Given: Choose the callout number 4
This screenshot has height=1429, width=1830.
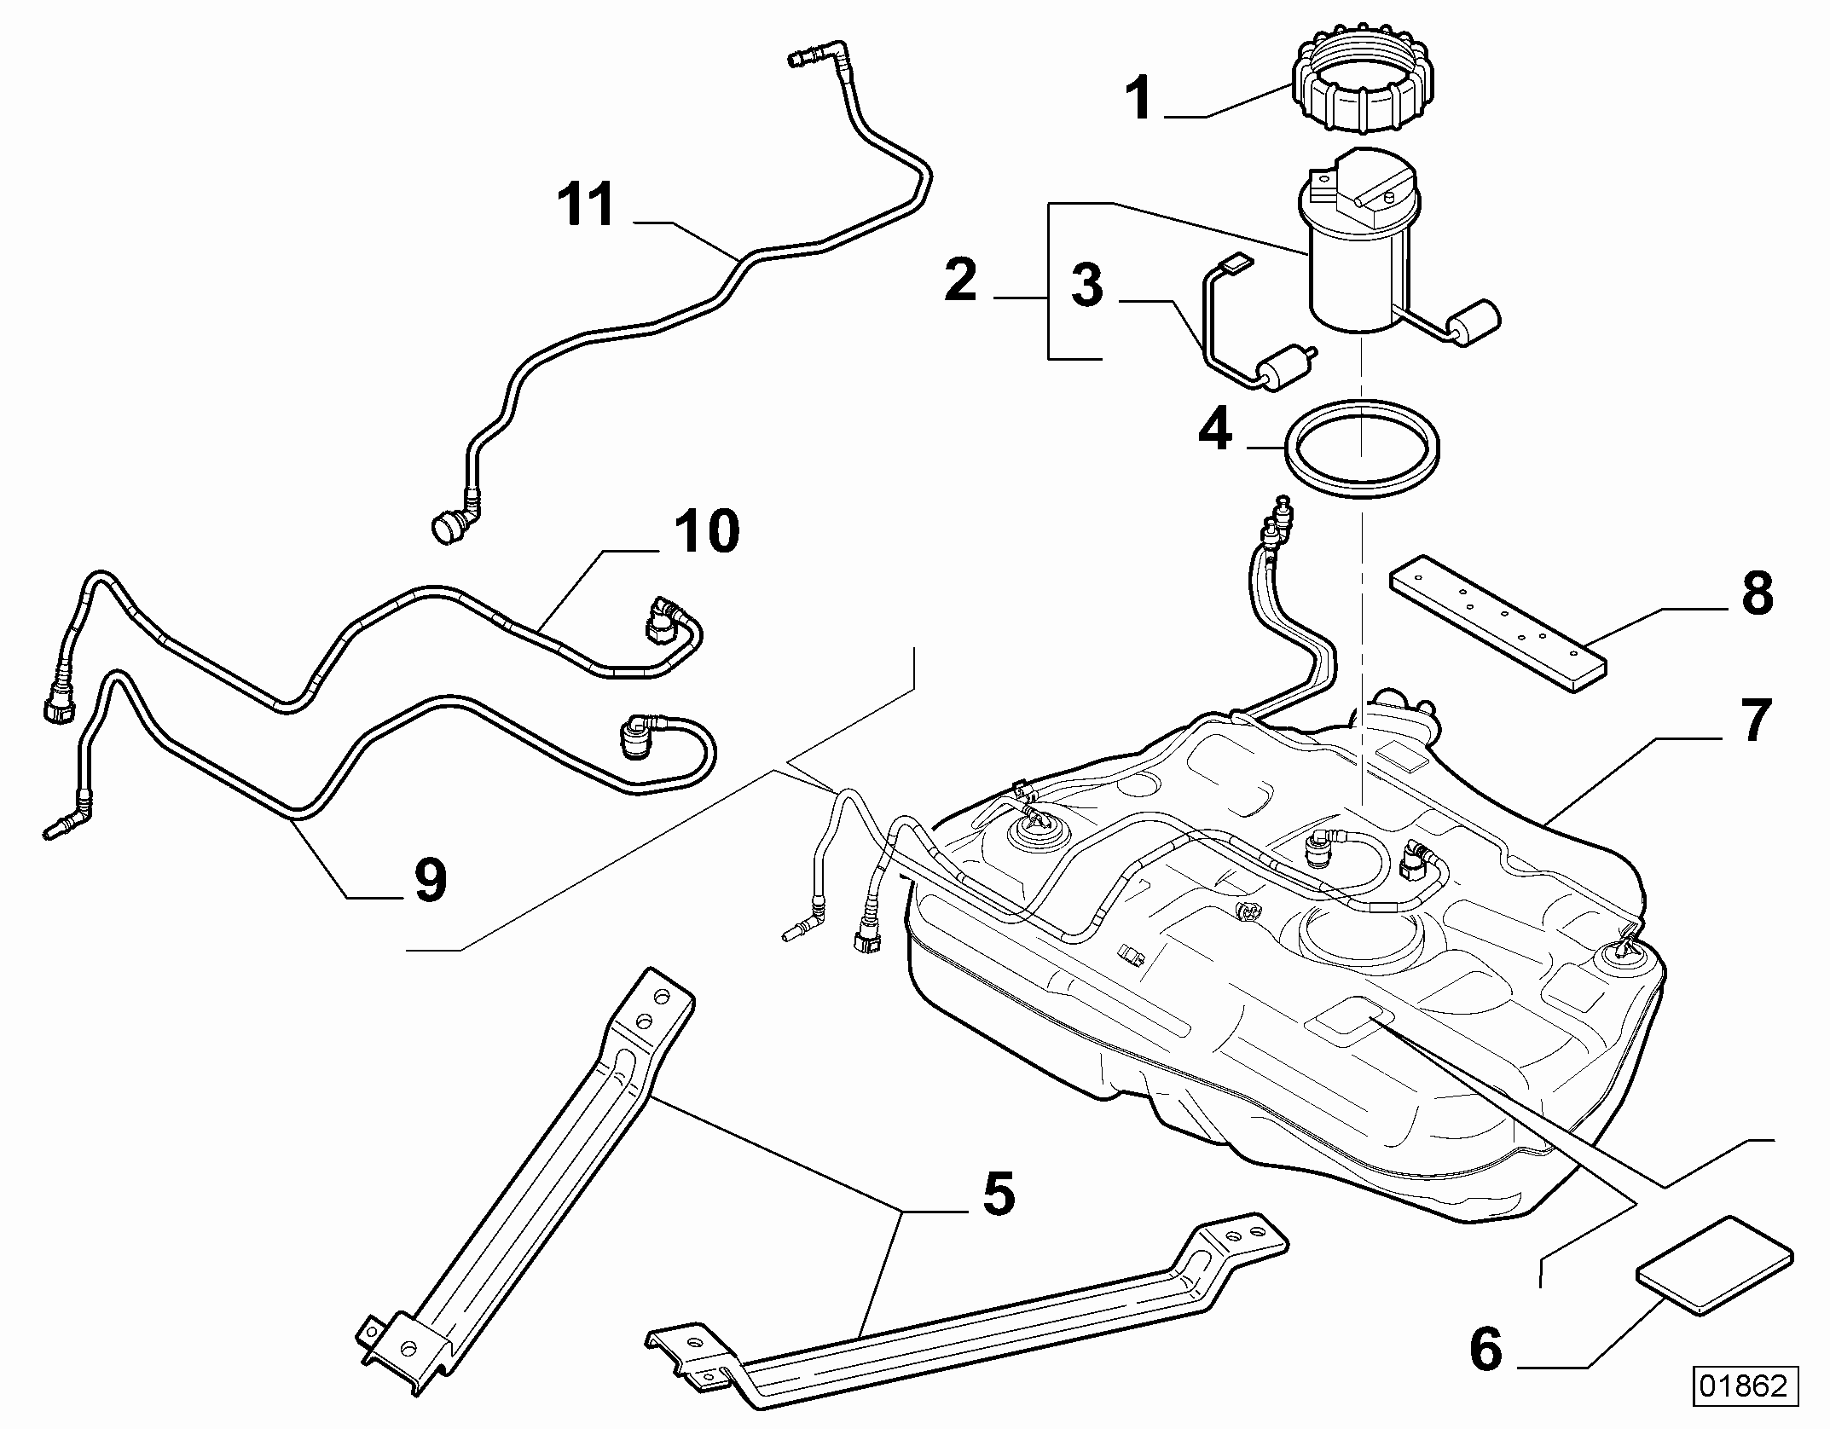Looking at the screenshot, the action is coord(1215,430).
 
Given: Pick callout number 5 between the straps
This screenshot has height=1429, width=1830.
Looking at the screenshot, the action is coord(999,1195).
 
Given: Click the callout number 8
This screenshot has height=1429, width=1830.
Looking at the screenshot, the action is coord(1757,594).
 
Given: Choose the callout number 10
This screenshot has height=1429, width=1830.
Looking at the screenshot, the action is coord(707,531).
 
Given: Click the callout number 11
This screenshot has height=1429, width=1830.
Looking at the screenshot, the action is coord(586,205).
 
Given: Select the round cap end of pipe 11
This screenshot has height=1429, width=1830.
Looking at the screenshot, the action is coord(447,527).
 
